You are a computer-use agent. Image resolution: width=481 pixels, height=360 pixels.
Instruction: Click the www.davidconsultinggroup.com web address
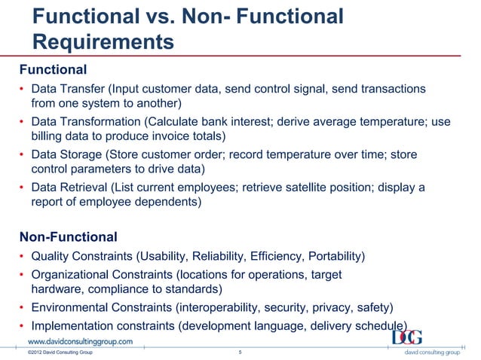coord(86,341)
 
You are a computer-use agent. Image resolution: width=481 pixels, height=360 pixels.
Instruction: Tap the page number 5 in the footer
coord(240,352)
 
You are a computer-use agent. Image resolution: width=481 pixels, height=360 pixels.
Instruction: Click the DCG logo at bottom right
coord(406,337)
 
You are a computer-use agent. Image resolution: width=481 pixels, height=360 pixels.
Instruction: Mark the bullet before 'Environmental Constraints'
coord(23,308)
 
